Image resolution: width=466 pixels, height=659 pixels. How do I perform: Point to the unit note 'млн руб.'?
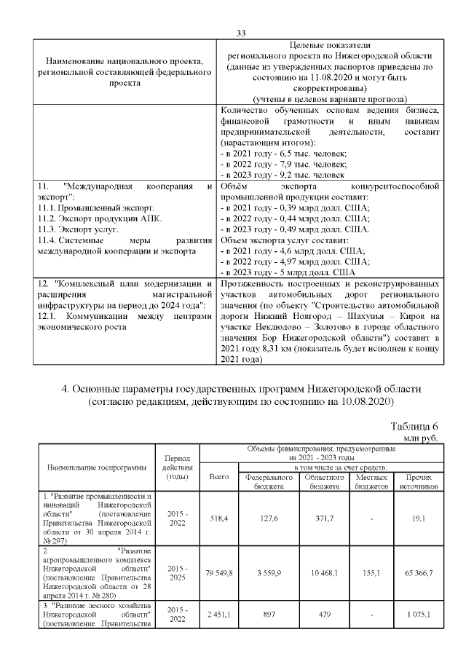[422, 438]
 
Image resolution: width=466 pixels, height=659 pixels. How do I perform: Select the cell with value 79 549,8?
[219, 573]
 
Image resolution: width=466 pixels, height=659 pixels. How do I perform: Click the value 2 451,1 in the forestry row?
[219, 615]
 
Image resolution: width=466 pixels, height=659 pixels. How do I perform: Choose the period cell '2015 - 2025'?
[178, 573]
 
